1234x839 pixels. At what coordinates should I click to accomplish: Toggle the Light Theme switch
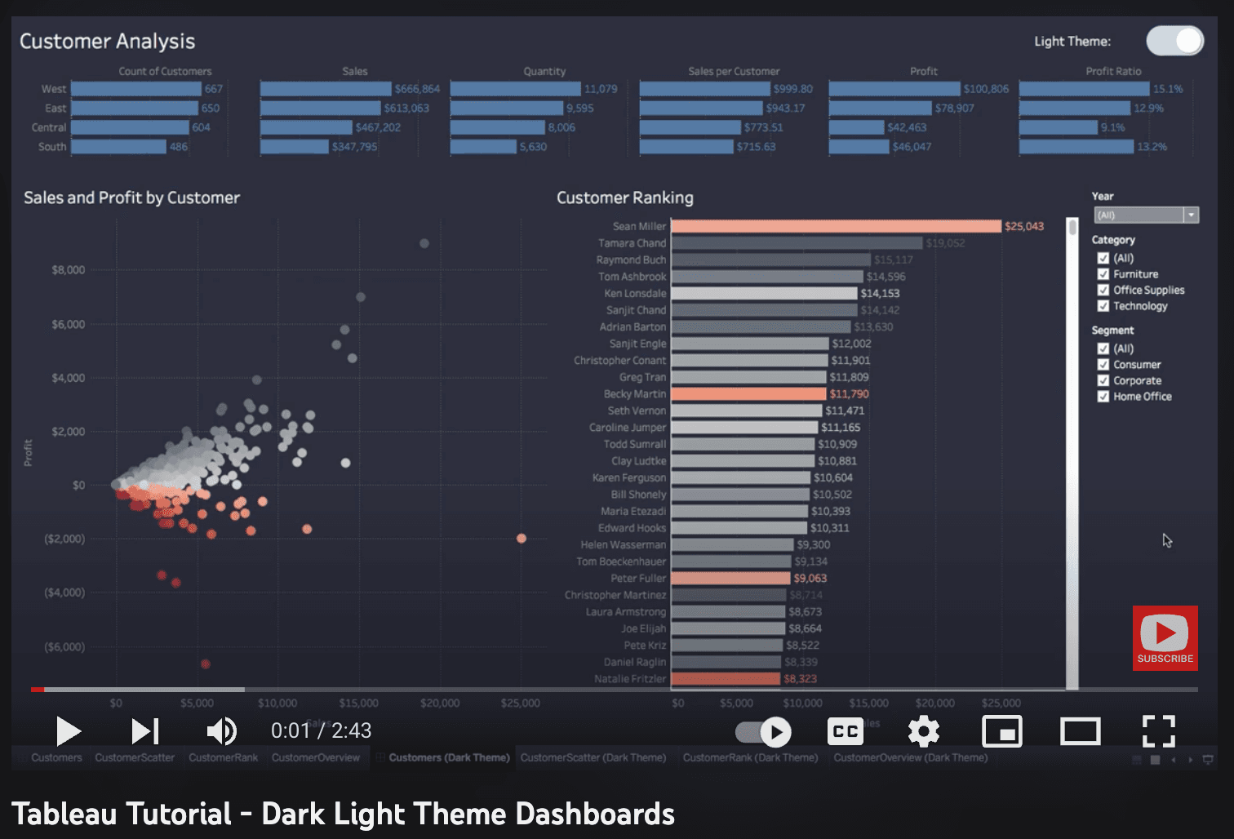(1174, 41)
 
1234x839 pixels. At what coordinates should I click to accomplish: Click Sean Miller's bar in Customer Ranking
(836, 226)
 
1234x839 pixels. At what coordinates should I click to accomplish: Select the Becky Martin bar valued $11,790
(748, 394)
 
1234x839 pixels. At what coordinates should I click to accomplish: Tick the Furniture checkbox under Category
(1103, 274)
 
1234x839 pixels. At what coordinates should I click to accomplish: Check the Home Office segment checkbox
(1103, 397)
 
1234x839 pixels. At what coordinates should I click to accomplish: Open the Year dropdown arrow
(1192, 215)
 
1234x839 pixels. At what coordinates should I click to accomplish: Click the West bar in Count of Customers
(135, 89)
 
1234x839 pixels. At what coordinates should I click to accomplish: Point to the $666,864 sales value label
(417, 89)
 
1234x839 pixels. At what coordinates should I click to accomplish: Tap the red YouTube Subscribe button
(1165, 638)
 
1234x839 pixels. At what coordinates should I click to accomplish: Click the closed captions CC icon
(846, 731)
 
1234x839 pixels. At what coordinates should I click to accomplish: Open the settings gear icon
(924, 731)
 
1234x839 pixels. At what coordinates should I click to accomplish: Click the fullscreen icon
(1158, 731)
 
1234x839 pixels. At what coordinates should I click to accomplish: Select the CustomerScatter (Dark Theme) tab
(593, 758)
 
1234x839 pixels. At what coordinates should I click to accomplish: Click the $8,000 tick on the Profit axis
(69, 270)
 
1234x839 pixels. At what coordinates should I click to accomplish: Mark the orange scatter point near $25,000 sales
(522, 539)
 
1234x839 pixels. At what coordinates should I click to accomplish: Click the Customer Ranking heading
(624, 198)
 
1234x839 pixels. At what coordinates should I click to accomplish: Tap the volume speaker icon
(221, 731)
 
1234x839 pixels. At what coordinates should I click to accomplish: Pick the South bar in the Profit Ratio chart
(1076, 147)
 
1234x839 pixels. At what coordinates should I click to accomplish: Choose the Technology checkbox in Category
(1103, 306)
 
